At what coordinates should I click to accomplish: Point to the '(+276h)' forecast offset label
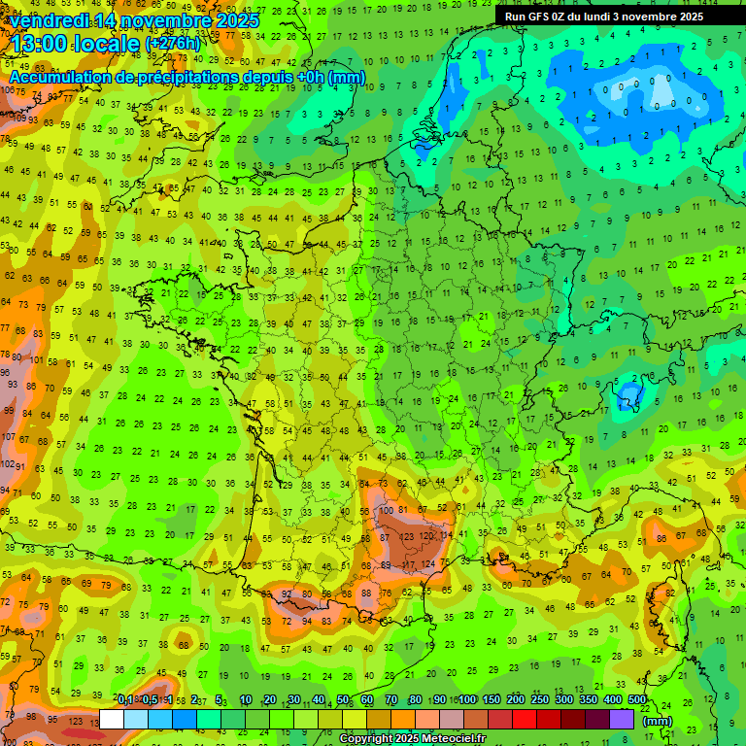[x=173, y=44]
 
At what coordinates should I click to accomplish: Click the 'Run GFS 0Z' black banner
[x=611, y=17]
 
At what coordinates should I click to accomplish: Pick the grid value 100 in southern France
[x=388, y=510]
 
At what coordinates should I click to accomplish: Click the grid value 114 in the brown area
[x=445, y=535]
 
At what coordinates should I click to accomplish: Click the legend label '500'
[x=636, y=699]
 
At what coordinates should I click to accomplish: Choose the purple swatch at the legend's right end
[x=622, y=720]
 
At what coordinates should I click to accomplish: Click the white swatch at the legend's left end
[x=112, y=720]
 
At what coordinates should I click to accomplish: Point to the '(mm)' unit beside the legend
[x=658, y=721]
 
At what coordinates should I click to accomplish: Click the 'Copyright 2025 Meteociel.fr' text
[x=412, y=739]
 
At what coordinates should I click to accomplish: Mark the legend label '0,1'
[x=125, y=699]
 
